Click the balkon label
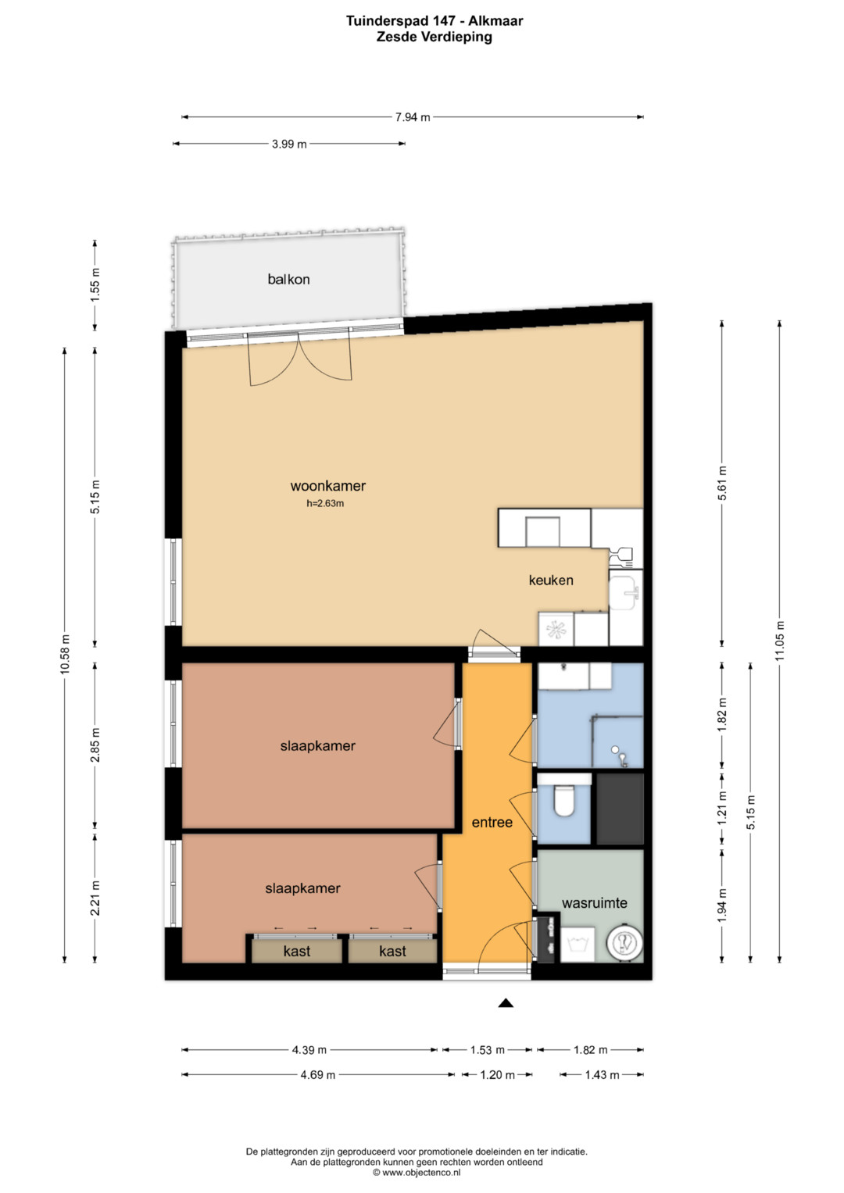pos(288,279)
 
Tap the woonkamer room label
pos(327,486)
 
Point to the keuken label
pos(551,580)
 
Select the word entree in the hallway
pos(492,823)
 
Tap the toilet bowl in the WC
pos(563,801)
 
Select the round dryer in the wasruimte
pos(624,944)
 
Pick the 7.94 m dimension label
pos(413,117)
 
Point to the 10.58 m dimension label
pos(65,655)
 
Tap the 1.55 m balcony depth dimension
pos(95,285)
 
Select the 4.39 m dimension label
pos(309,1050)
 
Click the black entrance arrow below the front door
pos(506,1003)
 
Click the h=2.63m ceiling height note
pos(325,503)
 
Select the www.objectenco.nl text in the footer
pos(421,1172)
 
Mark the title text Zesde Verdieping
pos(435,37)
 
